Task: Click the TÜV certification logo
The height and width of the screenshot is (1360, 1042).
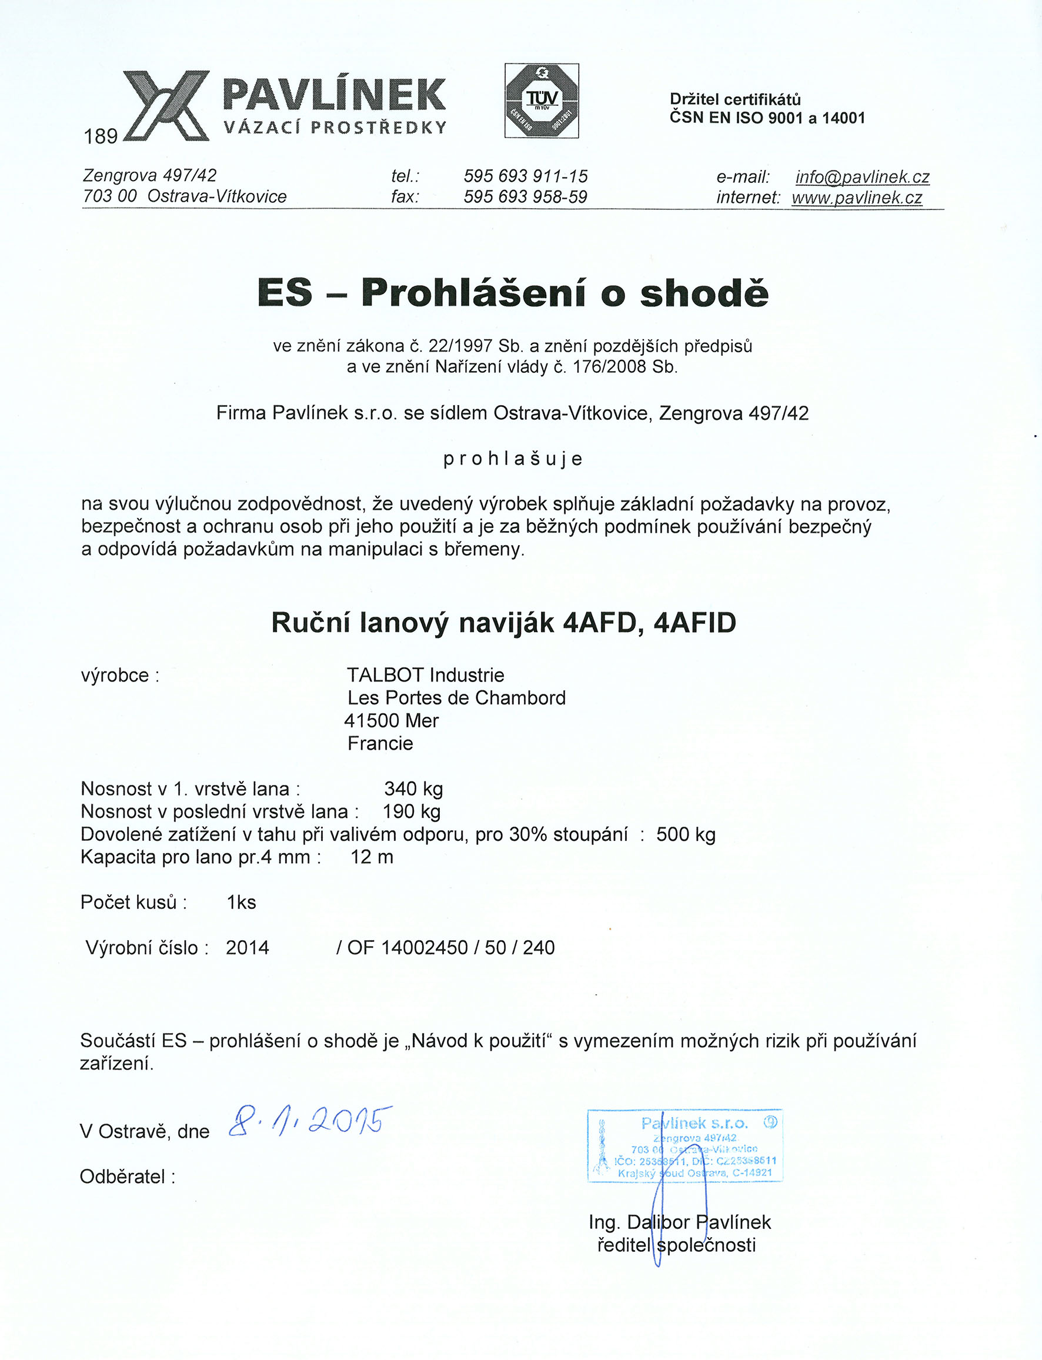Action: tap(542, 101)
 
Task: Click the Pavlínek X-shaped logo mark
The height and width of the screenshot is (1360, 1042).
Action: tap(166, 105)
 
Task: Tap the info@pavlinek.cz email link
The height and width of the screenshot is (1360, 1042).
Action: tap(862, 177)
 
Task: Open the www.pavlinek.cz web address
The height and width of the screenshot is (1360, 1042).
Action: tap(857, 197)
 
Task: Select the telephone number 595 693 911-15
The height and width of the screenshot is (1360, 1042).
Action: tap(525, 176)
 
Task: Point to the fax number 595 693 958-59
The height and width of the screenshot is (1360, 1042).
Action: tap(525, 196)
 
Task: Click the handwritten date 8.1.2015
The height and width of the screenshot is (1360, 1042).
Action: tap(310, 1122)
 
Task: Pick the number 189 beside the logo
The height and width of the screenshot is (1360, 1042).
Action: tap(101, 136)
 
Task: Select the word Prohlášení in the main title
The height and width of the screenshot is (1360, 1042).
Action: tap(473, 293)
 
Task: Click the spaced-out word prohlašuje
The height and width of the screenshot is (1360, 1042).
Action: tap(513, 459)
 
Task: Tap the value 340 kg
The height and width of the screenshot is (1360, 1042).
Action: tap(413, 789)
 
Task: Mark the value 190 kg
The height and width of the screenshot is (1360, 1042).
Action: tap(411, 811)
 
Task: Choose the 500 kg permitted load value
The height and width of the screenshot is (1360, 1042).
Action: tap(686, 834)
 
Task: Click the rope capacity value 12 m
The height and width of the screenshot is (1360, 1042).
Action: tap(372, 857)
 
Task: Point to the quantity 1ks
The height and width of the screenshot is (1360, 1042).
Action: tap(241, 903)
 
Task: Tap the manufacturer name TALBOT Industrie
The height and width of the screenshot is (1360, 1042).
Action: tap(426, 675)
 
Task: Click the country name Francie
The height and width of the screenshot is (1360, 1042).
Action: tap(380, 743)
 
